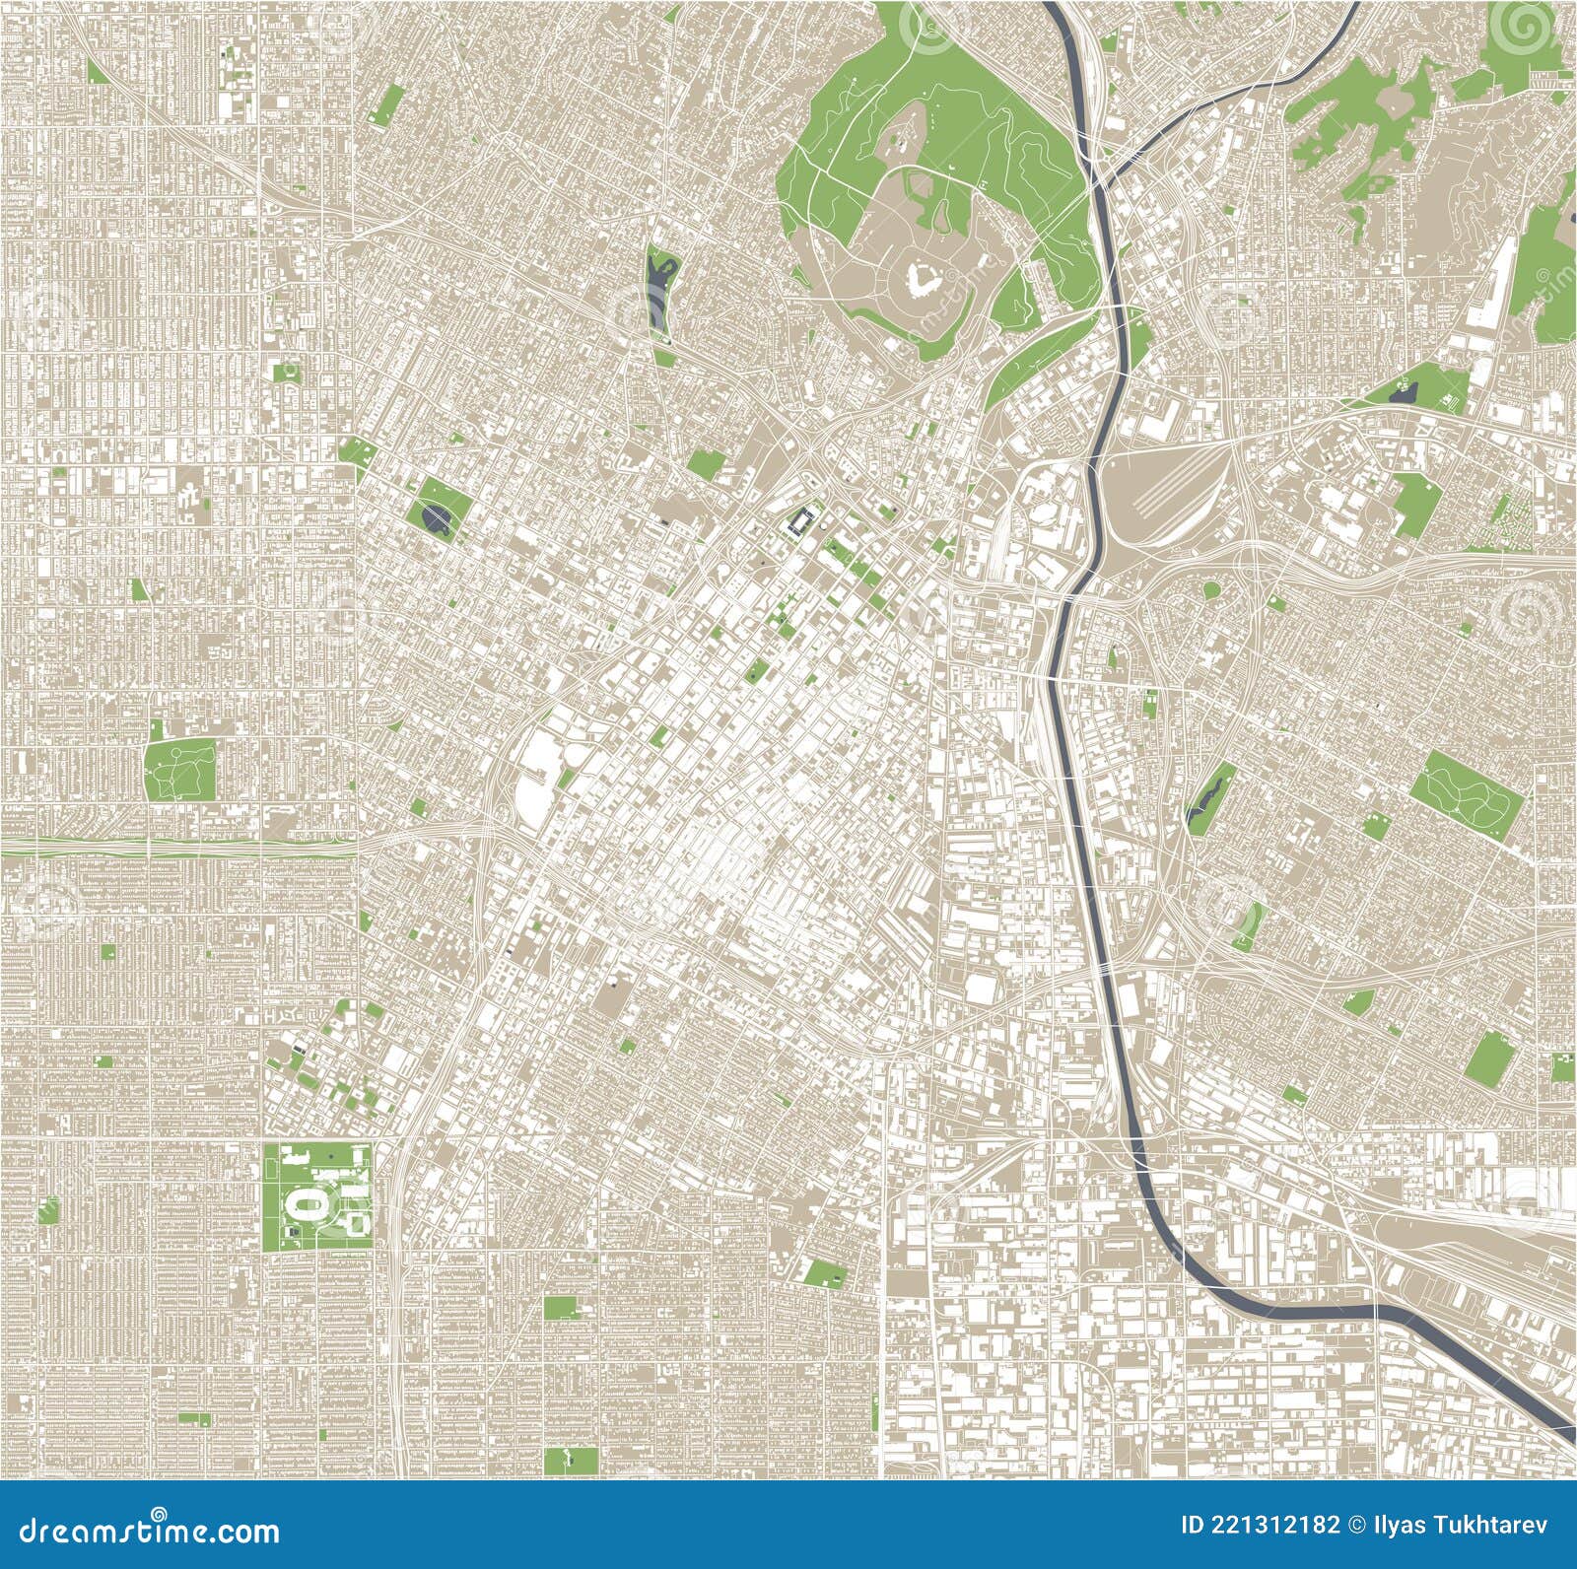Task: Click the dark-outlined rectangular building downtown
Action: (803, 518)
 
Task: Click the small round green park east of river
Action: (1211, 590)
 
